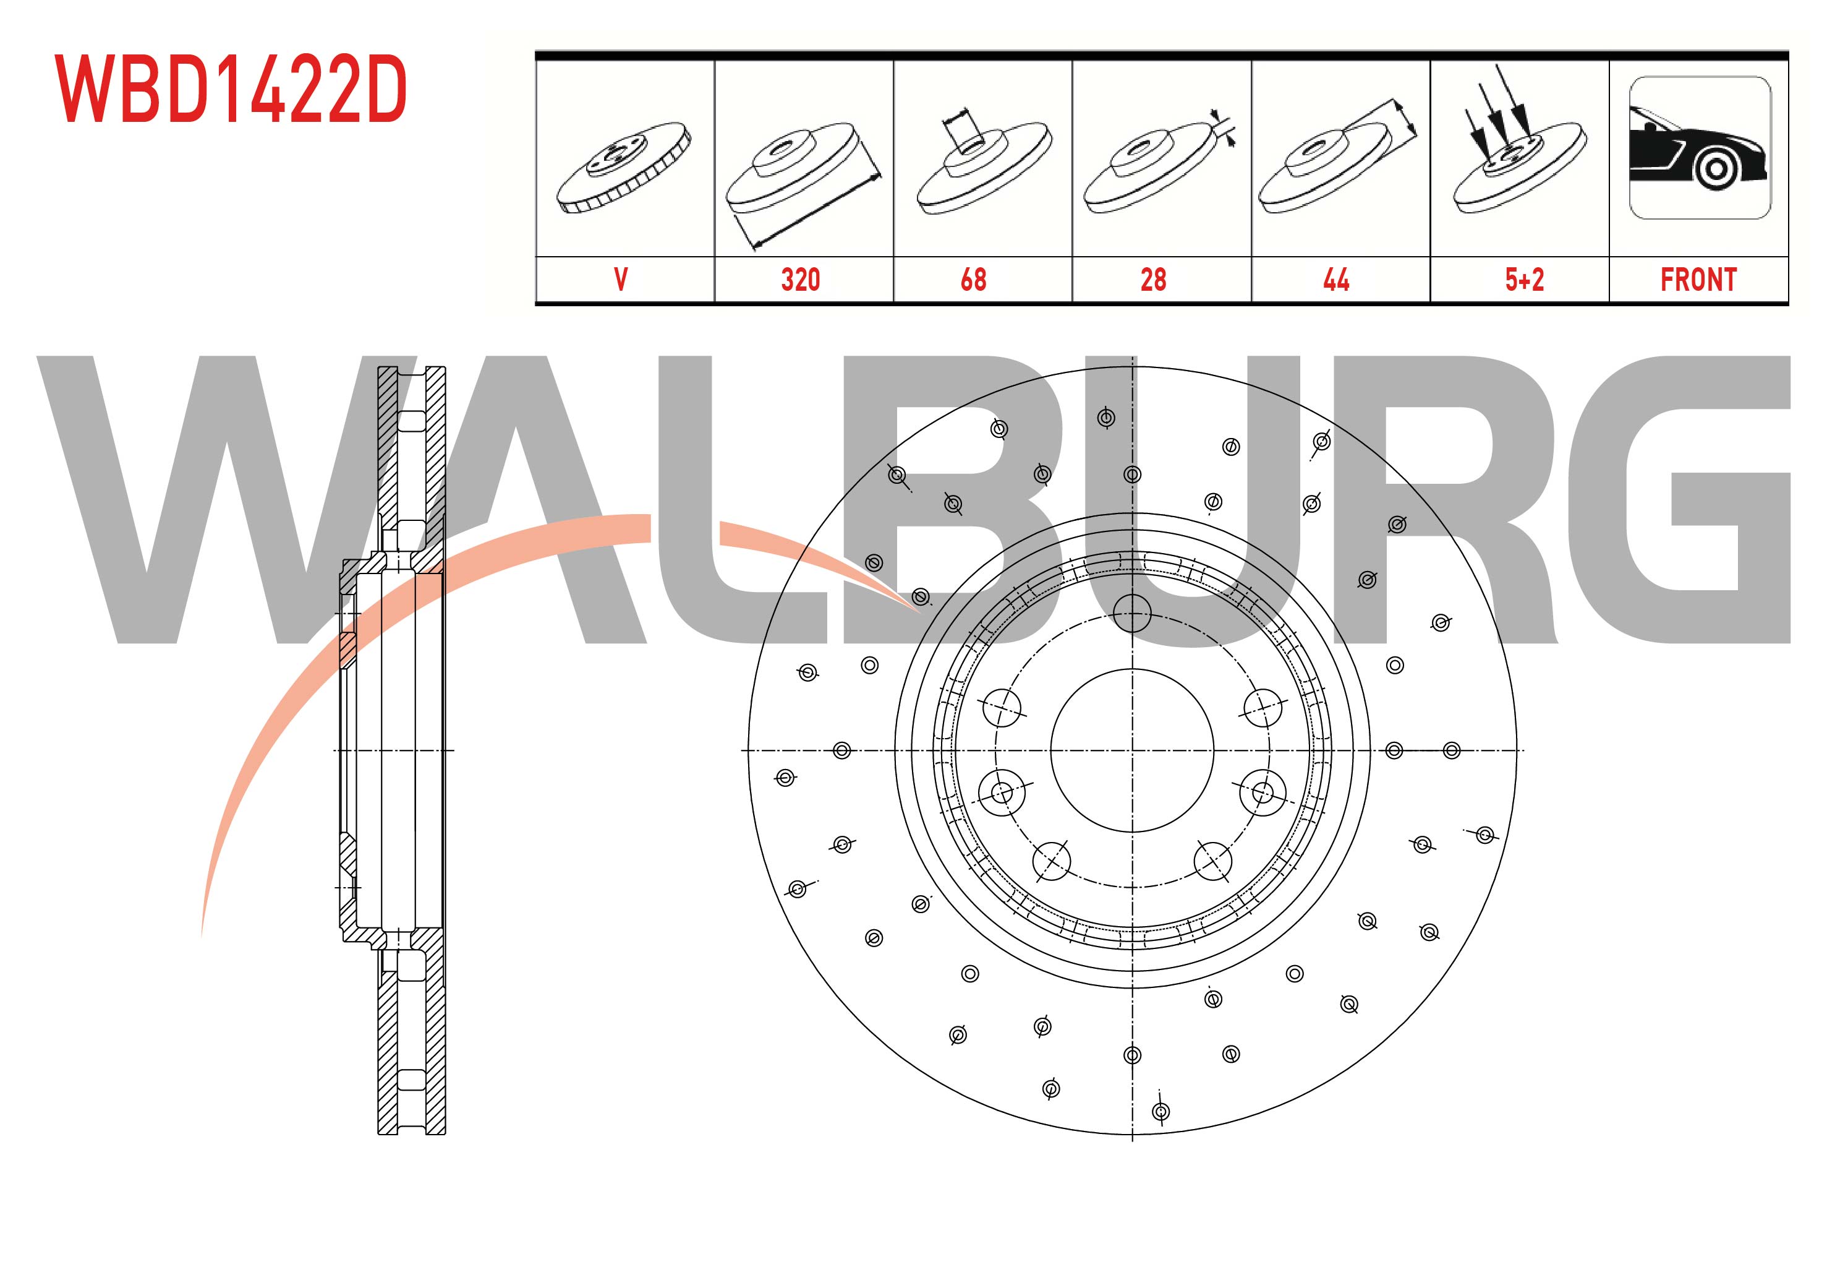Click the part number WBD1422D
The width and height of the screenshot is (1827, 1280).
231,89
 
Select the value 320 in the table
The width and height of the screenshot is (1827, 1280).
801,280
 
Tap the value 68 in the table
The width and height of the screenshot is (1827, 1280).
973,280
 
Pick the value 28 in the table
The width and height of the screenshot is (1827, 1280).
1153,280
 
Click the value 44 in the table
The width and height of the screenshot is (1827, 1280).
1336,280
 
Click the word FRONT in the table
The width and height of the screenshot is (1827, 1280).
1698,280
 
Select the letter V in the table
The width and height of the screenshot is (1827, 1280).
621,280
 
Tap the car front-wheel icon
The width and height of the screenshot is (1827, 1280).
1700,148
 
